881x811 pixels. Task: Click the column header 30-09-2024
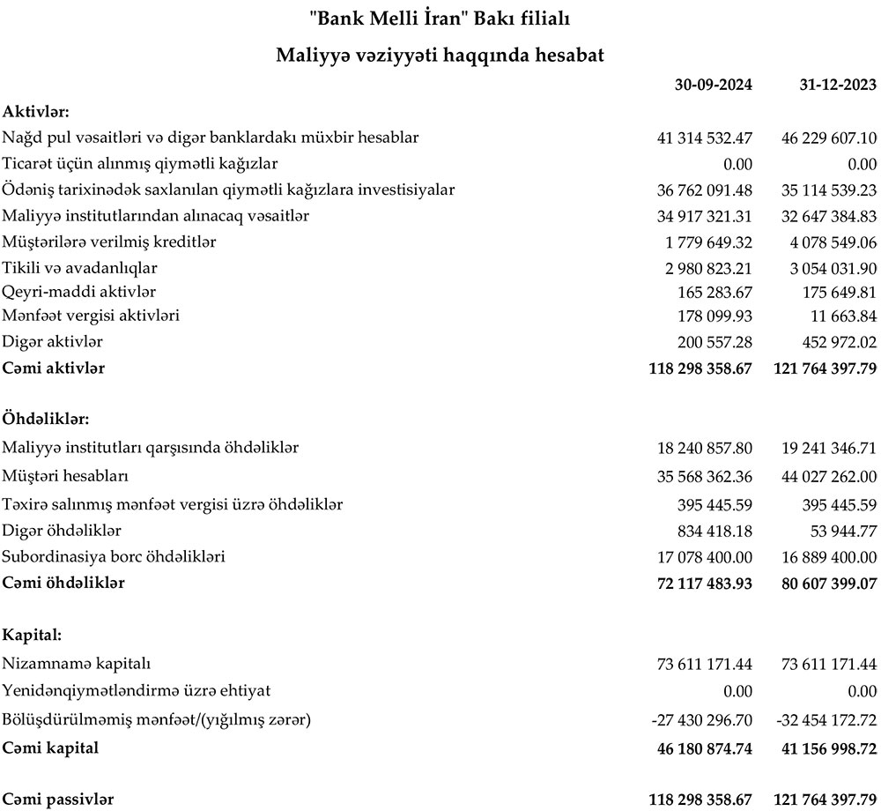pos(713,85)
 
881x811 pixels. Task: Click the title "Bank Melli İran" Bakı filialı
pos(440,17)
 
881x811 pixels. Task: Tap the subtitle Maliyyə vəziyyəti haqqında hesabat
pos(440,55)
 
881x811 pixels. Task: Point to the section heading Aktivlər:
pos(36,111)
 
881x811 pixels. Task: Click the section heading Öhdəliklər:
pos(46,418)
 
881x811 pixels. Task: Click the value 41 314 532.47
pos(705,138)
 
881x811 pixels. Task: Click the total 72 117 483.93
pos(700,584)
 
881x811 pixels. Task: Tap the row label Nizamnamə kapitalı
pos(83,664)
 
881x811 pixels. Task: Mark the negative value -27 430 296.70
pos(702,720)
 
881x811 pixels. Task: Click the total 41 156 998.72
pos(825,748)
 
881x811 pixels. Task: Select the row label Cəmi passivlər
pos(58,800)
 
